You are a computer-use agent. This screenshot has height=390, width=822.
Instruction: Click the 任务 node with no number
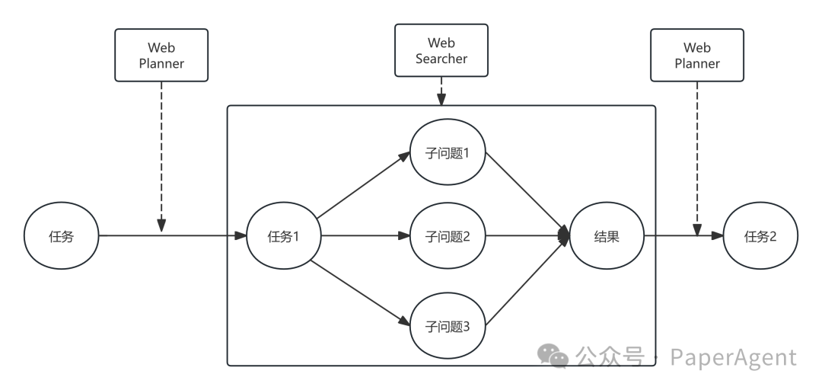pyautogui.click(x=62, y=236)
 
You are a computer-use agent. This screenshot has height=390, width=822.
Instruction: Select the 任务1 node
pyautogui.click(x=282, y=236)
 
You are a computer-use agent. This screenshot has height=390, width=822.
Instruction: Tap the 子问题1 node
pyautogui.click(x=448, y=153)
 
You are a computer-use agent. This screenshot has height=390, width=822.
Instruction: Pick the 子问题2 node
pyautogui.click(x=448, y=236)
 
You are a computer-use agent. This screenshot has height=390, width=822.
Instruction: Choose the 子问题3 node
pyautogui.click(x=448, y=327)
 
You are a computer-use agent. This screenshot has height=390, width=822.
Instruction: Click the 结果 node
pyautogui.click(x=606, y=236)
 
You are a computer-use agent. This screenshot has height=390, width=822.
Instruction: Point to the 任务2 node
pyautogui.click(x=760, y=236)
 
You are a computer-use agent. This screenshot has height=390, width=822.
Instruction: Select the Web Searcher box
pyautogui.click(x=441, y=51)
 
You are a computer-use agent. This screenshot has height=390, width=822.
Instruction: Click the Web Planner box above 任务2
pyautogui.click(x=697, y=56)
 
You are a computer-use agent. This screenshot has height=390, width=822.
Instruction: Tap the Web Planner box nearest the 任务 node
pyautogui.click(x=161, y=56)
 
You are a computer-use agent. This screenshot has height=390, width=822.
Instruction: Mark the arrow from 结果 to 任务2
pyautogui.click(x=683, y=236)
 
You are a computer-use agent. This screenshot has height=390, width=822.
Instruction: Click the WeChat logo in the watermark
pyautogui.click(x=553, y=356)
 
